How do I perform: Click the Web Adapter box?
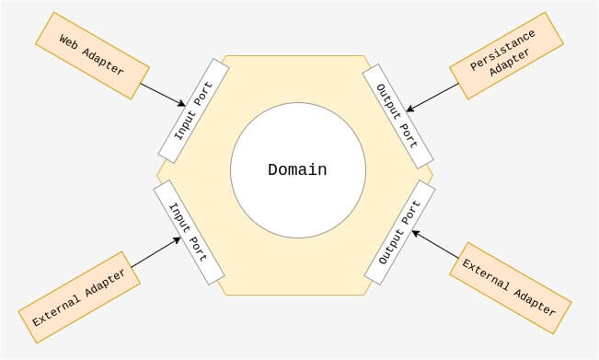coord(92,55)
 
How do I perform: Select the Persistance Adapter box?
coord(507,55)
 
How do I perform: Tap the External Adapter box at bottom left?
coord(79,297)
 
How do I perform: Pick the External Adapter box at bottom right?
coord(511,288)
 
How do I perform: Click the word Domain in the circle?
coord(297,169)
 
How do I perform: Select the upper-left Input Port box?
coord(193,110)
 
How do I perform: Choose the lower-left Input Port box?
coord(189,232)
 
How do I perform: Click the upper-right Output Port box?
coord(397,116)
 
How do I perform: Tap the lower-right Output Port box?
coord(400,232)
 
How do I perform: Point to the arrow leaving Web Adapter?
coord(163,95)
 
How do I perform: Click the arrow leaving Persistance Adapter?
coord(432,98)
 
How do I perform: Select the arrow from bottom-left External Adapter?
coord(156,252)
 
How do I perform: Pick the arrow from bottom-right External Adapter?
coord(435,244)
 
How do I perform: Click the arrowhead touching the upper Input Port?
coord(182,103)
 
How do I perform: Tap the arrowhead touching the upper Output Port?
coord(409,109)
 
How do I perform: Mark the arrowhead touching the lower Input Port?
coord(177,240)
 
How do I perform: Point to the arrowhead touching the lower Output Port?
coord(416,233)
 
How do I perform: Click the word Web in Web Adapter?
coord(69,41)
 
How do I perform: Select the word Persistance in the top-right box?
coord(502,51)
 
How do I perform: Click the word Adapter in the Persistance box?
coord(511,62)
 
